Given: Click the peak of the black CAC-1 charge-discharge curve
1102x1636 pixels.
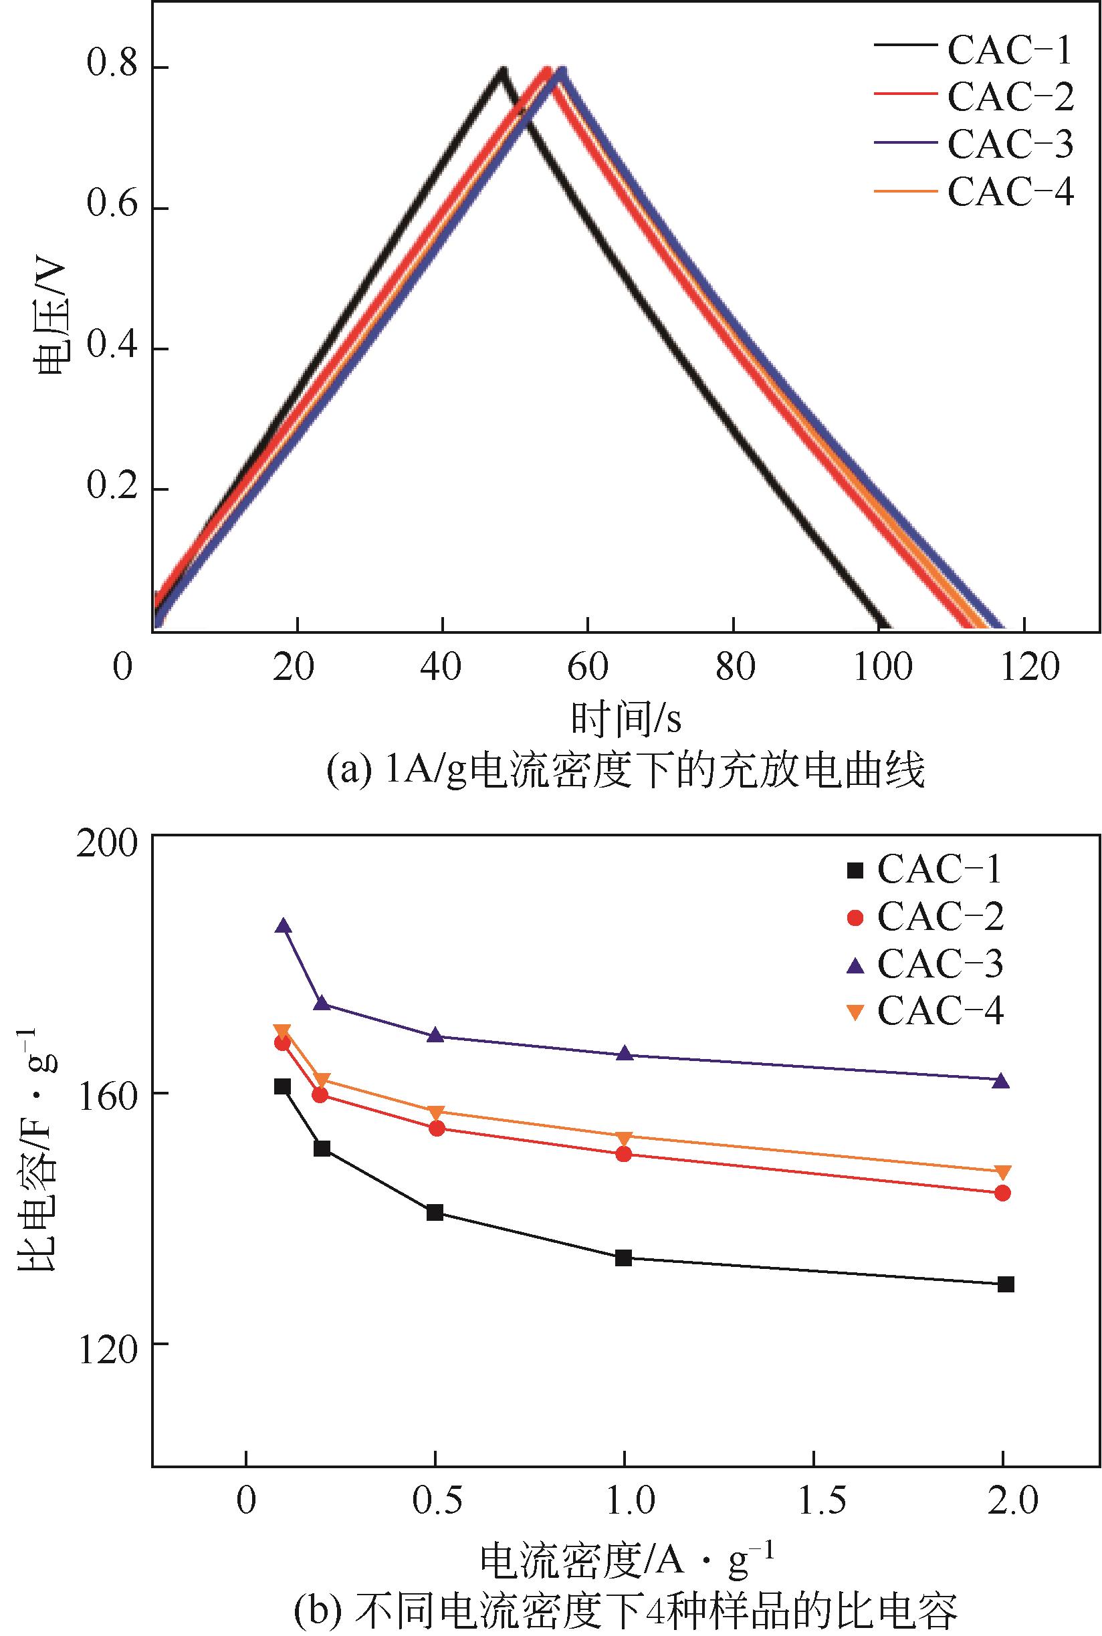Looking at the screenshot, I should point(501,70).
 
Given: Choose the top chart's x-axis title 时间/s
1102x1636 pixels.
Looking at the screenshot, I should point(625,719).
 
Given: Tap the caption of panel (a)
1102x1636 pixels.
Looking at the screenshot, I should point(625,772).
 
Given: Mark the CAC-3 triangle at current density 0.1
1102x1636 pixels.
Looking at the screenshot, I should point(284,925).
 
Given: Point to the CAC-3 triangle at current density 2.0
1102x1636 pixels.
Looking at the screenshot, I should point(1002,1082).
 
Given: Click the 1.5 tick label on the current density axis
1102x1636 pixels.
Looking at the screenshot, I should point(814,1501).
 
